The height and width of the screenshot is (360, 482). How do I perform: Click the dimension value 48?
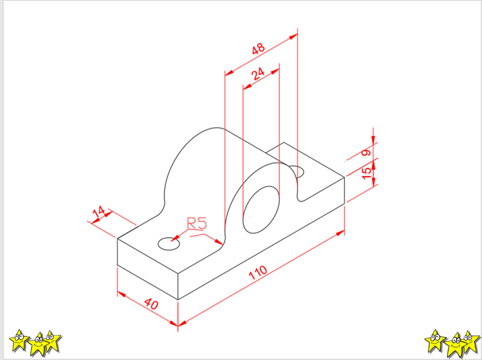pos(258,48)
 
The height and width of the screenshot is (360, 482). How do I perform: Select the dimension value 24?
pos(258,74)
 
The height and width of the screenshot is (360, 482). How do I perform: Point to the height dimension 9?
pos(366,152)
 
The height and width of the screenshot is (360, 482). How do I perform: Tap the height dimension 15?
pos(367,173)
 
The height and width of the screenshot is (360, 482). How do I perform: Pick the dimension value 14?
pos(99,212)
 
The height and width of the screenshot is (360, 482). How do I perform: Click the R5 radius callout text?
pos(197,224)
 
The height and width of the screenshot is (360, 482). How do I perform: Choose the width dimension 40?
pos(151,304)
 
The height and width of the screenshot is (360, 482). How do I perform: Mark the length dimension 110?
pos(258,272)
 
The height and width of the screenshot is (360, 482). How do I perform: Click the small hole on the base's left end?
pos(168,244)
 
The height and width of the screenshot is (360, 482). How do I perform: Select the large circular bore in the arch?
pos(261,210)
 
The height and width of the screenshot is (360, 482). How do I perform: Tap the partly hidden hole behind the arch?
pos(297,171)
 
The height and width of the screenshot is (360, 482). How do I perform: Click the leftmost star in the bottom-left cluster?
pos(19,341)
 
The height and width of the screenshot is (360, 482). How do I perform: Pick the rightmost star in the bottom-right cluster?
pos(470,341)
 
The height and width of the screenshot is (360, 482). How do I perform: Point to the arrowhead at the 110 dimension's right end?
pos(340,233)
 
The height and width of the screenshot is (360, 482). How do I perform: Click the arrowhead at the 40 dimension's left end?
pos(122,294)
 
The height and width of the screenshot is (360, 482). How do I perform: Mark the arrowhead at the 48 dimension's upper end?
pos(293,36)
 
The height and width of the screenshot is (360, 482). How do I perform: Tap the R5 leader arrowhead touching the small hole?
pos(175,238)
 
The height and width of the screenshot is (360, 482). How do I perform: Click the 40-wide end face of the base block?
pos(148,269)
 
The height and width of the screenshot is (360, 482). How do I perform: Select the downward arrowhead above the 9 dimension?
pos(373,139)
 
